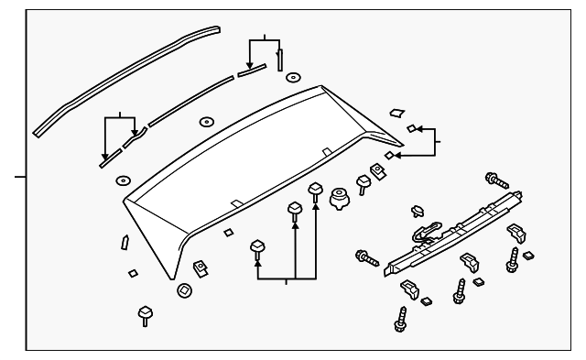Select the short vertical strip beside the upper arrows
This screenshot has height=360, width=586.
coord(280,59)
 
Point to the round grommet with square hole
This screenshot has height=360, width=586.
coord(183,291)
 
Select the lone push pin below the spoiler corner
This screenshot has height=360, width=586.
coord(144,315)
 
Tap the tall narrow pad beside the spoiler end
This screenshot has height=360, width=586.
coord(124,243)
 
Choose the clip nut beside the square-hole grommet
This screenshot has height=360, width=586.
coord(199,268)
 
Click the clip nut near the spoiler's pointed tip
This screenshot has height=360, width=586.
coord(376,170)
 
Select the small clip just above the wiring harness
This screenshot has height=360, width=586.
coord(418,210)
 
